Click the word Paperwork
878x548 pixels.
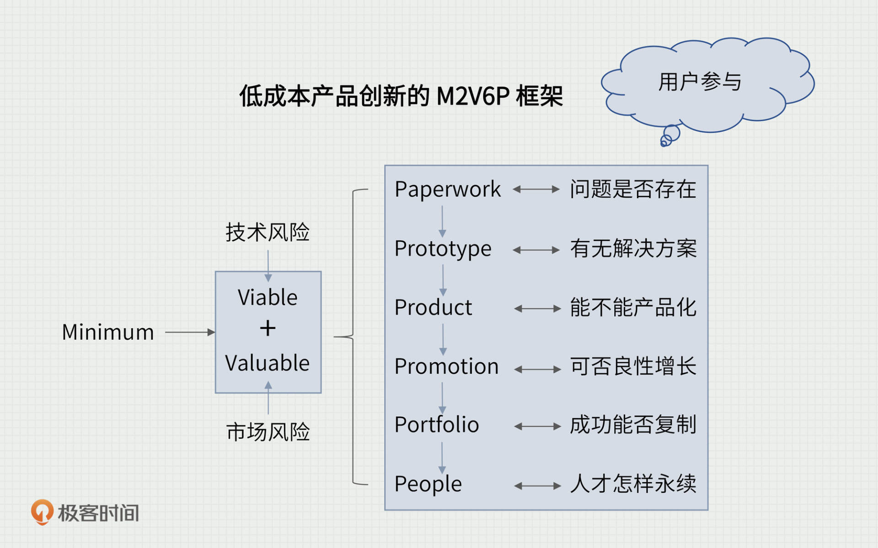(x=447, y=189)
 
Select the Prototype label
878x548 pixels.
(x=443, y=249)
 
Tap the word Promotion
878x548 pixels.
(x=446, y=367)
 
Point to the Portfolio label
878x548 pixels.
(x=437, y=425)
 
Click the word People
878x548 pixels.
(x=428, y=484)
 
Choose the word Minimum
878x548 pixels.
(x=108, y=332)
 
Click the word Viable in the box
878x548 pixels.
(x=268, y=298)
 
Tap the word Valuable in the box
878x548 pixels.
(x=268, y=363)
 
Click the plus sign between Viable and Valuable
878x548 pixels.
(x=268, y=328)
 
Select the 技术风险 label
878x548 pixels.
(x=268, y=232)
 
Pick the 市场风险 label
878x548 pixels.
(x=268, y=432)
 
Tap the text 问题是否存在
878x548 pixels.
(x=633, y=189)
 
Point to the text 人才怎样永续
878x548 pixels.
(x=633, y=484)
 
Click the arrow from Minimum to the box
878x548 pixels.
(x=189, y=332)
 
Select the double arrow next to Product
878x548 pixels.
(x=537, y=309)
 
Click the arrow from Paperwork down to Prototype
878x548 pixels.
(x=442, y=221)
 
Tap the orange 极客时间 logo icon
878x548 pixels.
(x=42, y=512)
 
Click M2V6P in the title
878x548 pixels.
(x=473, y=97)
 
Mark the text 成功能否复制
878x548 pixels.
(x=633, y=425)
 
